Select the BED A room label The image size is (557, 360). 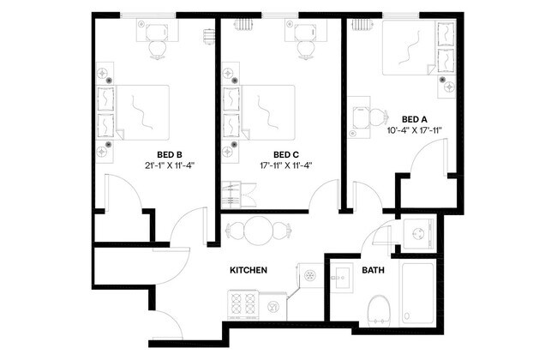415,119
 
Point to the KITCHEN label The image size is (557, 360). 249,270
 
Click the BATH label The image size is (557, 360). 373,270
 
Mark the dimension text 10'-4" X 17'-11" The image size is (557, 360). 415,131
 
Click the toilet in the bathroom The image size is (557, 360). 378,309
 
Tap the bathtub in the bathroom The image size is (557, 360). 419,294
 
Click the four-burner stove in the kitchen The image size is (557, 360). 243,304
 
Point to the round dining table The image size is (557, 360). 260,231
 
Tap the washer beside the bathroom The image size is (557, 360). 418,233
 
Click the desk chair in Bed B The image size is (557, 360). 156,50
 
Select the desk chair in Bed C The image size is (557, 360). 304,50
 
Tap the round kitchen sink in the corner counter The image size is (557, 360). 310,274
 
